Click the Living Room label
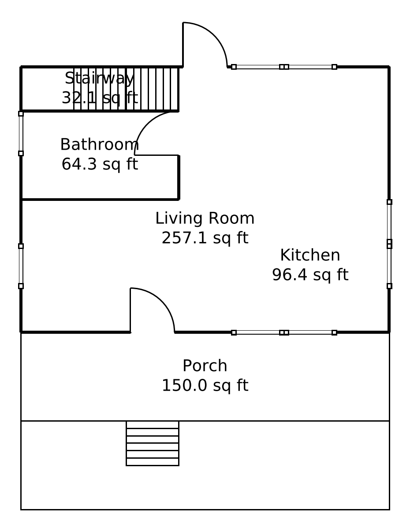click(x=205, y=218)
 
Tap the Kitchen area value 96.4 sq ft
click(x=310, y=275)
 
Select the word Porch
click(x=205, y=366)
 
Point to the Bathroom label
click(x=99, y=144)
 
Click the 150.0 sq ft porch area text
click(x=205, y=385)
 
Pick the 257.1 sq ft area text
click(x=205, y=238)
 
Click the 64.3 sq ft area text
click(x=99, y=164)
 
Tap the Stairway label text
click(x=99, y=78)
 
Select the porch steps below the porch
click(x=152, y=443)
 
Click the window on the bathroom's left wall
click(x=21, y=133)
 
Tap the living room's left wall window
click(x=21, y=266)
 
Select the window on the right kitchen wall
click(x=389, y=244)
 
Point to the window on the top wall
click(x=284, y=67)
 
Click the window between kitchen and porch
click(x=284, y=332)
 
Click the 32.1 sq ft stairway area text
click(x=99, y=98)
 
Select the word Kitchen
click(x=310, y=255)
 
